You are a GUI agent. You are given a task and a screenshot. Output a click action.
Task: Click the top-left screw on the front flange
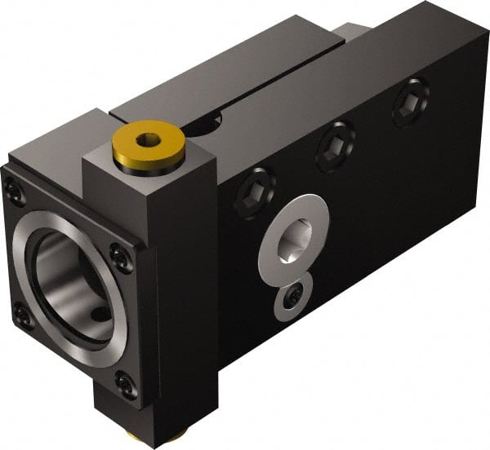click(x=15, y=192)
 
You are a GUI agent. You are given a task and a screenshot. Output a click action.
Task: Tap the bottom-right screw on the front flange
click(x=123, y=383)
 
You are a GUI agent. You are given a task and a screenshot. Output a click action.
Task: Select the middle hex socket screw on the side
click(x=335, y=146)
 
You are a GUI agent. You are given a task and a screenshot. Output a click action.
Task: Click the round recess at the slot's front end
click(x=204, y=123)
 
